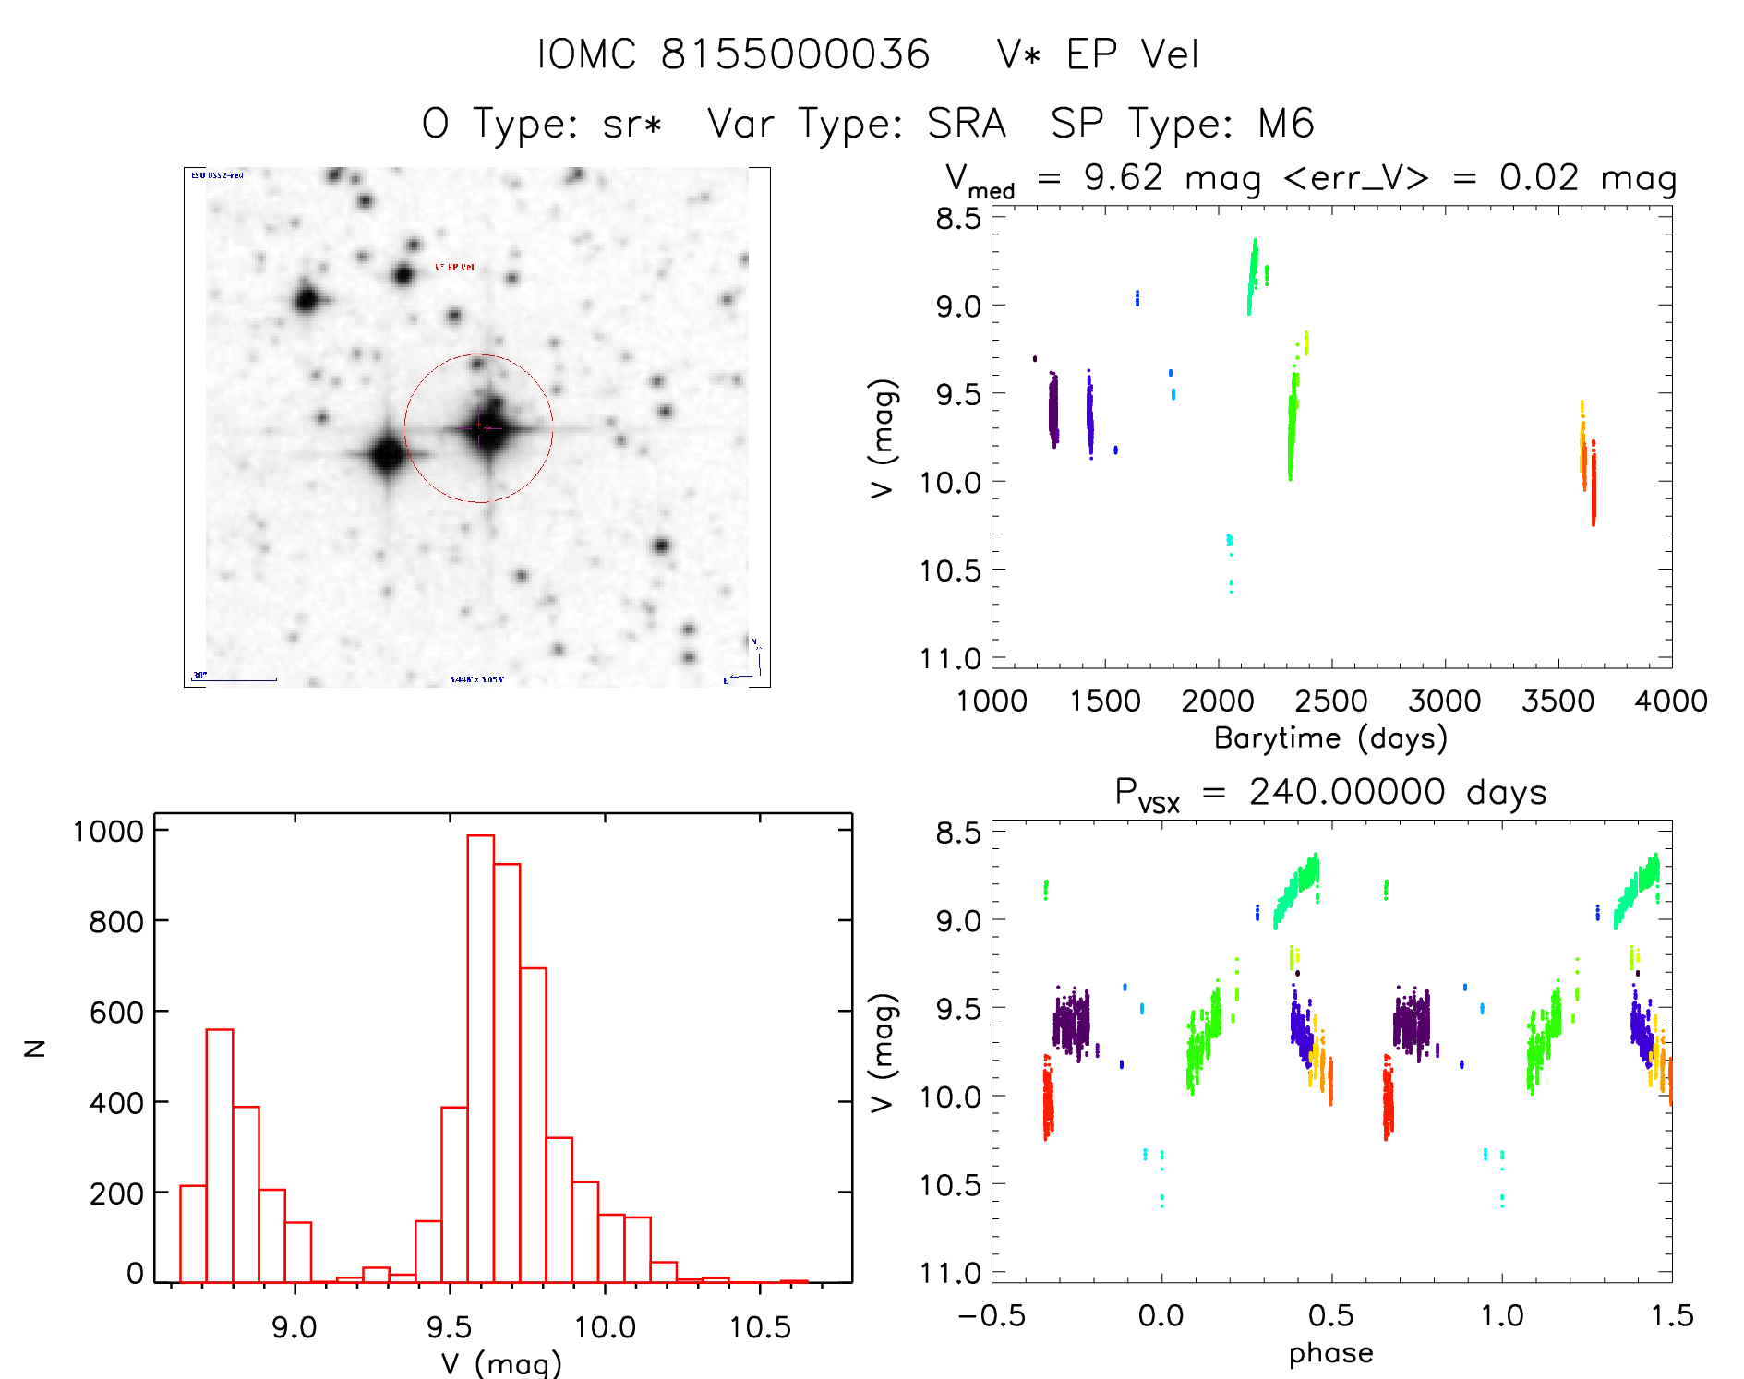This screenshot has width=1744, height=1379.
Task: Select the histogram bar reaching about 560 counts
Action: click(219, 1154)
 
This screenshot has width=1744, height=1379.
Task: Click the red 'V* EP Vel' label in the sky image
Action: click(454, 267)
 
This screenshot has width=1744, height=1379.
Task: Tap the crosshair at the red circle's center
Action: click(479, 427)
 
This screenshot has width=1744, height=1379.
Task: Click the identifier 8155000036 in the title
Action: click(795, 54)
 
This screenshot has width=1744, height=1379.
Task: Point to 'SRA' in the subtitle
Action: click(966, 124)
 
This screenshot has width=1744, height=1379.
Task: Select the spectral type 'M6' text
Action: click(1286, 124)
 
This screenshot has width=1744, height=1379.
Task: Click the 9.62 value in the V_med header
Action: click(1123, 177)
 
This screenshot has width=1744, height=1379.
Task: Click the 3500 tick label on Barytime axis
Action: click(1558, 701)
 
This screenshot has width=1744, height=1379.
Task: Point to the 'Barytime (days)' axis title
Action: click(1330, 737)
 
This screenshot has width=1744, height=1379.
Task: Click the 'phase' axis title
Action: click(1330, 1352)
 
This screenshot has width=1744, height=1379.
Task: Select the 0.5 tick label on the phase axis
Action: click(1330, 1315)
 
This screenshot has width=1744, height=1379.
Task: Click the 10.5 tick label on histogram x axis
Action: click(760, 1327)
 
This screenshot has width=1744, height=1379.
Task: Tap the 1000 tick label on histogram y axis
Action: click(108, 831)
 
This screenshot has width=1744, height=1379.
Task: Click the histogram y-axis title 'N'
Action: click(35, 1048)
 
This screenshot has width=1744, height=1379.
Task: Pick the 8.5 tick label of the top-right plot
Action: click(957, 219)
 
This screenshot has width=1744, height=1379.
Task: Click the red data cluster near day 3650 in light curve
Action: click(1593, 485)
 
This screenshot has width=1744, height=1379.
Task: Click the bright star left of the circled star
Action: click(387, 454)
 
